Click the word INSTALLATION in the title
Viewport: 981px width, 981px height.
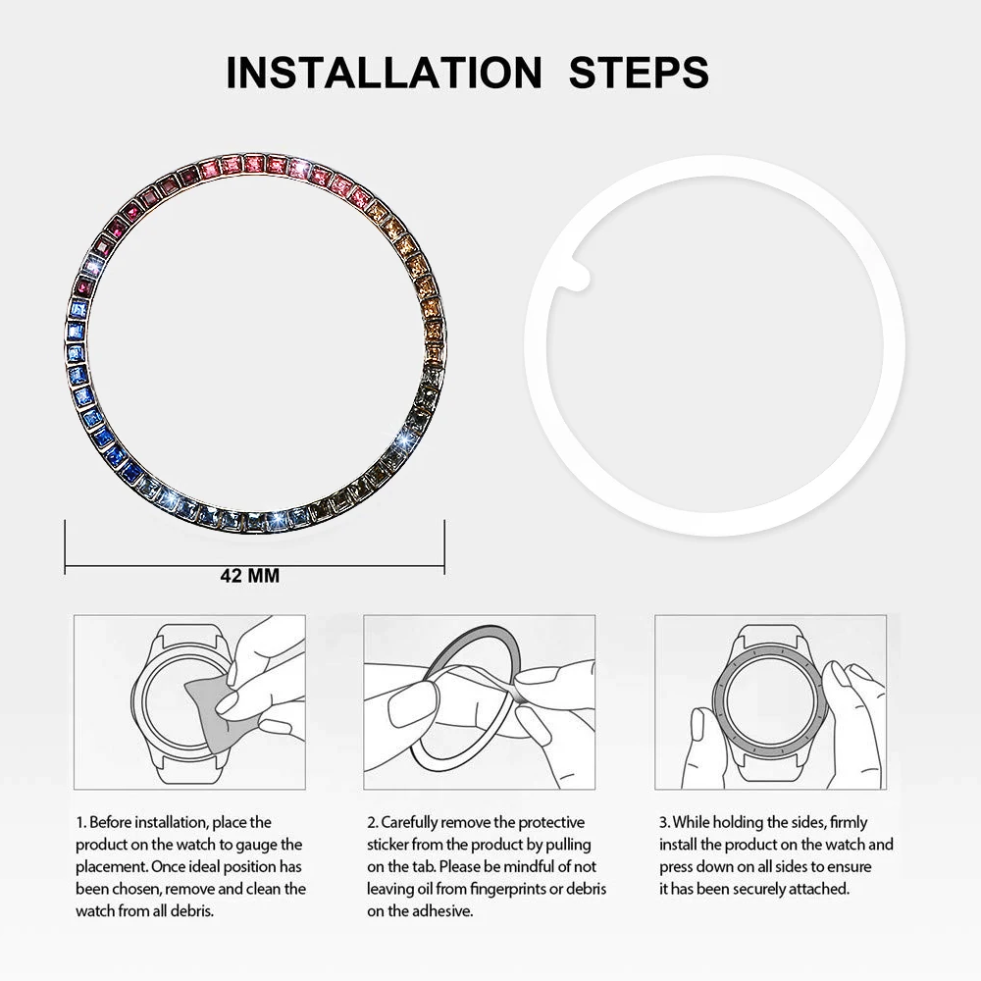(x=383, y=73)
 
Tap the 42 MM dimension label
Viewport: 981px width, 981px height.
(x=249, y=576)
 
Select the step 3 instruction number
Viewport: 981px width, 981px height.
(x=663, y=822)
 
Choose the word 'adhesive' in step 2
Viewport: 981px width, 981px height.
(x=440, y=909)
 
